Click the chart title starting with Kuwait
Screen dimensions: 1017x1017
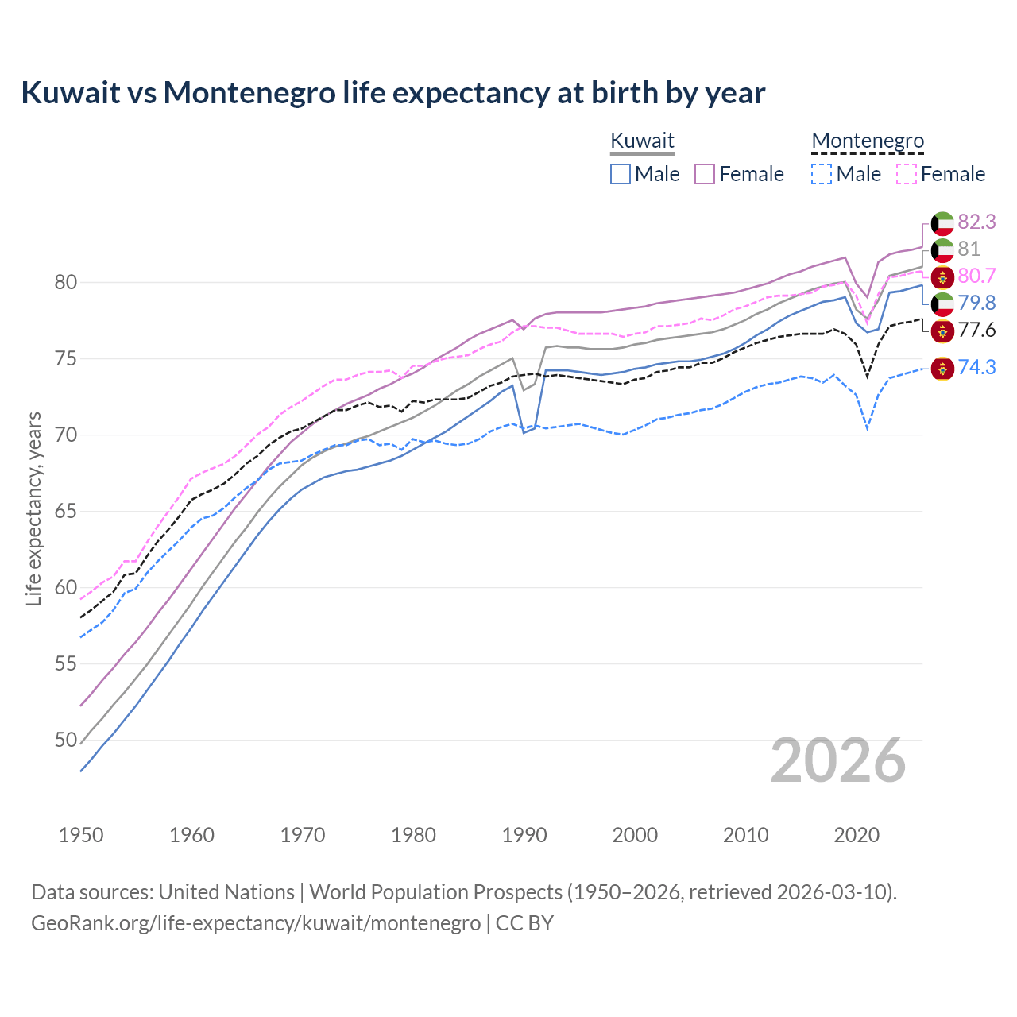pyautogui.click(x=392, y=93)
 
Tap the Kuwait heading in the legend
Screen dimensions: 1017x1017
pyautogui.click(x=642, y=141)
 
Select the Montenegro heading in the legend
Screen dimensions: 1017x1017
pyautogui.click(x=868, y=141)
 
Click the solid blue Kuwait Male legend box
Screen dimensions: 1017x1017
pyautogui.click(x=621, y=174)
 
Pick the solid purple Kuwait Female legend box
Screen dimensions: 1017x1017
pyautogui.click(x=705, y=174)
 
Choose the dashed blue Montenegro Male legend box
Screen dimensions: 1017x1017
pyautogui.click(x=822, y=174)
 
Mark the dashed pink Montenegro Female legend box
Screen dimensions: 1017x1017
pyautogui.click(x=907, y=174)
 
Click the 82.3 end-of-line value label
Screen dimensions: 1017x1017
pyautogui.click(x=976, y=222)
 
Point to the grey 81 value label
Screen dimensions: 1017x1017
pyautogui.click(x=969, y=249)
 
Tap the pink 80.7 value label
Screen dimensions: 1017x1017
pyautogui.click(x=976, y=276)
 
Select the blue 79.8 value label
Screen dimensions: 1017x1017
pyautogui.click(x=976, y=303)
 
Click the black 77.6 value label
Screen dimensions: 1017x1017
pyautogui.click(x=976, y=330)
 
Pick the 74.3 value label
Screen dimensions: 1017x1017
pyautogui.click(x=976, y=367)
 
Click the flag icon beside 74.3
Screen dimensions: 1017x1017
pyautogui.click(x=942, y=368)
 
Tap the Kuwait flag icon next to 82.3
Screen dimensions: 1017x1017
pyautogui.click(x=942, y=223)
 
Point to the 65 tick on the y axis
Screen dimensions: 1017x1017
pyautogui.click(x=66, y=511)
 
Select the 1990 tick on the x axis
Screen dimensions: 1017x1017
pyautogui.click(x=524, y=835)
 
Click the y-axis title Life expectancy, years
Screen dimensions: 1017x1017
pyautogui.click(x=33, y=508)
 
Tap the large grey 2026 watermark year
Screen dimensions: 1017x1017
pyautogui.click(x=837, y=760)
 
